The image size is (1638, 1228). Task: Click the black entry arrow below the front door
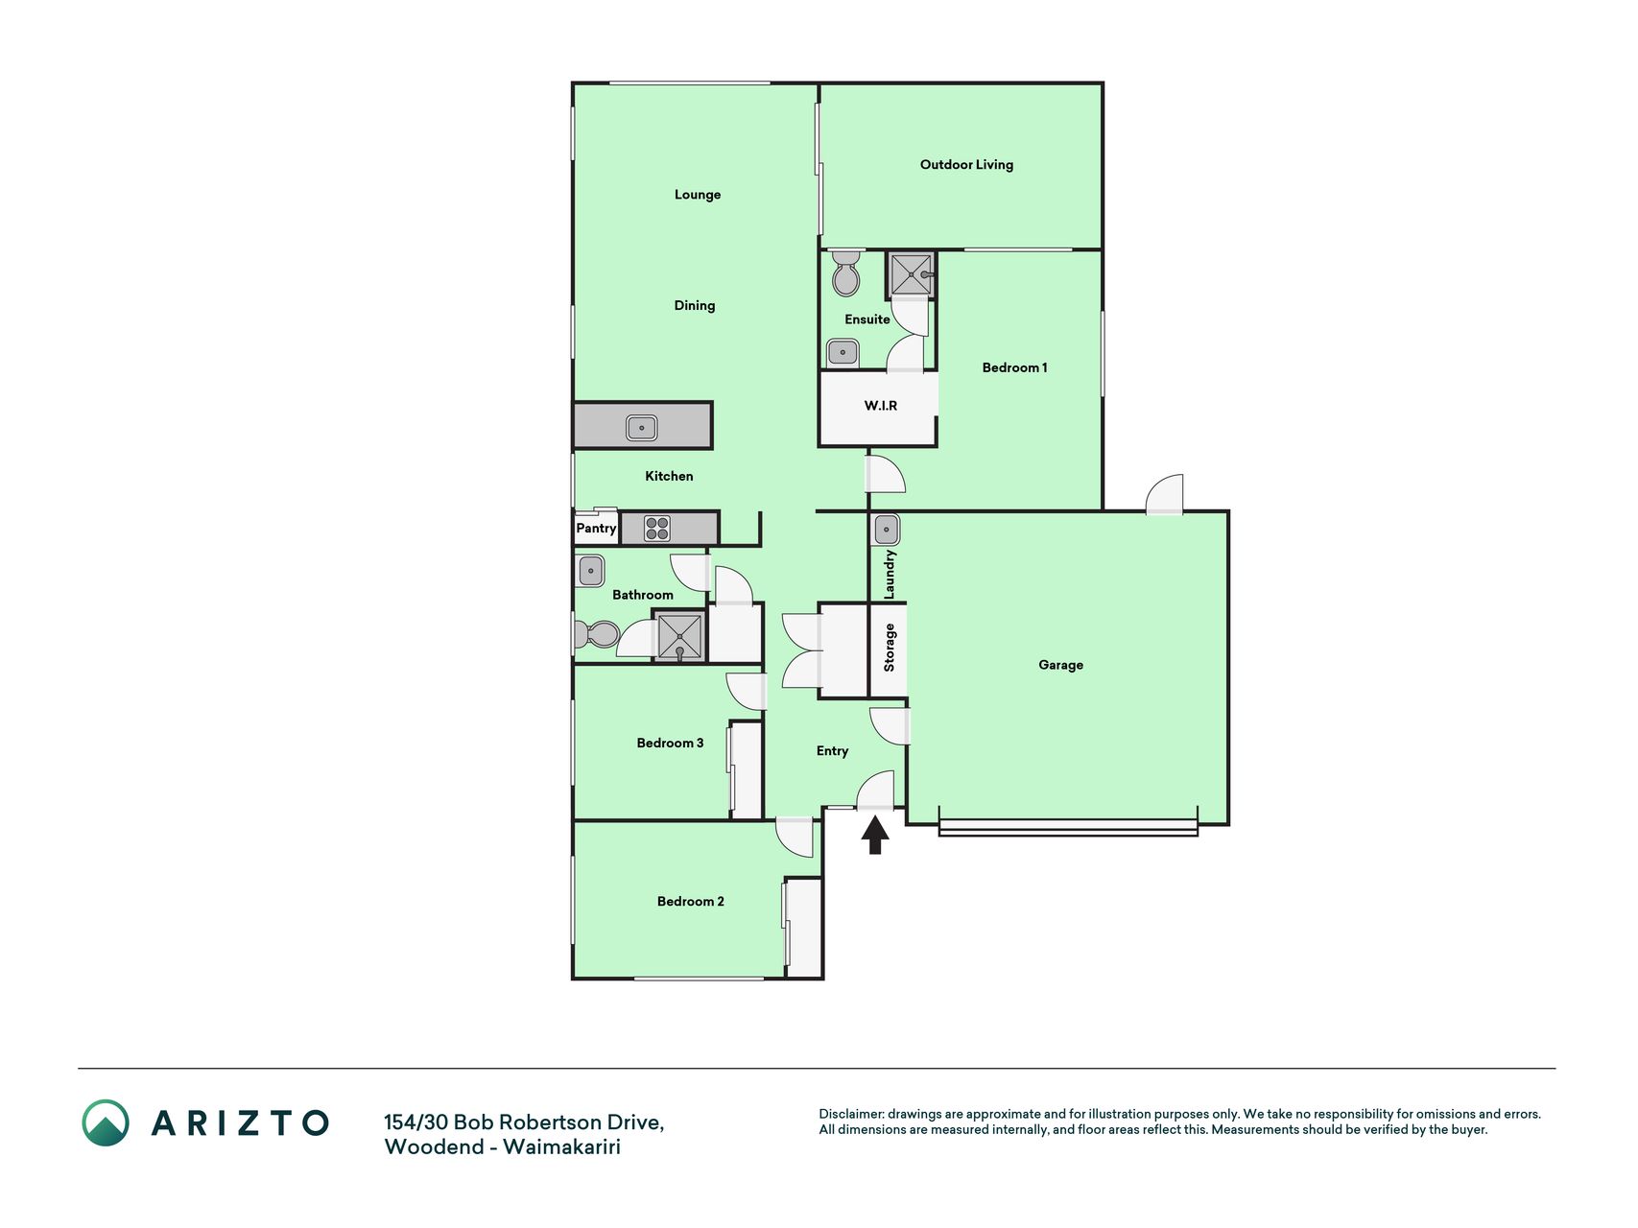click(874, 835)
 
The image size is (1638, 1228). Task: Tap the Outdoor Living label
click(966, 165)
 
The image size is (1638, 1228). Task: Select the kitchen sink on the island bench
click(641, 427)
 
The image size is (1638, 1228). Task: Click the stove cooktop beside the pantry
click(657, 529)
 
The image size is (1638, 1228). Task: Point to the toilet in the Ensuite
click(845, 273)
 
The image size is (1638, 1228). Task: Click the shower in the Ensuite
click(911, 274)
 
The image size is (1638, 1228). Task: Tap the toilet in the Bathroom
click(596, 634)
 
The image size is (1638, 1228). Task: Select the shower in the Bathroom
click(679, 636)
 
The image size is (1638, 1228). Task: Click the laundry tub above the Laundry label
click(886, 529)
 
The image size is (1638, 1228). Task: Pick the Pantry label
click(596, 529)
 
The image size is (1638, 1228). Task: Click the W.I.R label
click(880, 406)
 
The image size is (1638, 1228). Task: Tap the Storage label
click(890, 648)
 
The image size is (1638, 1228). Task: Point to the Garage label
click(1060, 665)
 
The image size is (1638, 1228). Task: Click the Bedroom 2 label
click(690, 902)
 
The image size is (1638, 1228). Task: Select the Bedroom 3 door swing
click(747, 692)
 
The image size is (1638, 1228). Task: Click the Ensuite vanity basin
click(843, 352)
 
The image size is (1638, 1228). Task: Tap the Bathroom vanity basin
click(590, 571)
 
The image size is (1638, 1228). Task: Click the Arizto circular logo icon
click(106, 1122)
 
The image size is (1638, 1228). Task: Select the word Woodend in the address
click(434, 1147)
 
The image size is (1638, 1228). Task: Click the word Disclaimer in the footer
click(850, 1115)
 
